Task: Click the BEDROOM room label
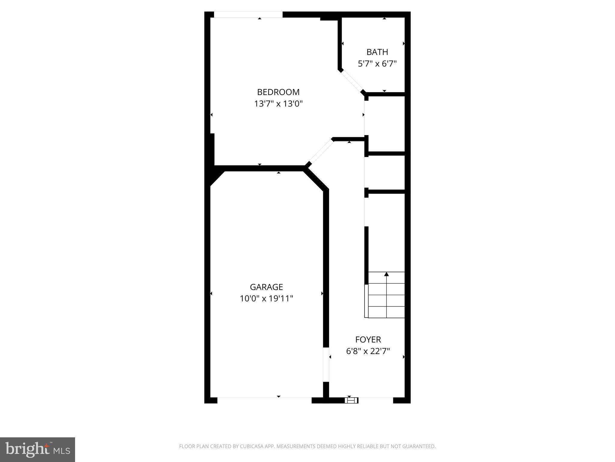278,92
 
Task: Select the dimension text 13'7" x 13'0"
278,104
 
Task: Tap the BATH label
377,52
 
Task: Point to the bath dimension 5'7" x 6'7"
377,64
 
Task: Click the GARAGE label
266,287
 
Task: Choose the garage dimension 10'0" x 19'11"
266,299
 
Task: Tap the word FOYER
368,340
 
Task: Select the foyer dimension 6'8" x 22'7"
368,351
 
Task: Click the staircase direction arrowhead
386,274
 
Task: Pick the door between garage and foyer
326,365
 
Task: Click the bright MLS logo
38,450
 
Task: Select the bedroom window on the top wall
248,14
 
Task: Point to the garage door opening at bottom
264,400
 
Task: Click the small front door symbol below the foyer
351,400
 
